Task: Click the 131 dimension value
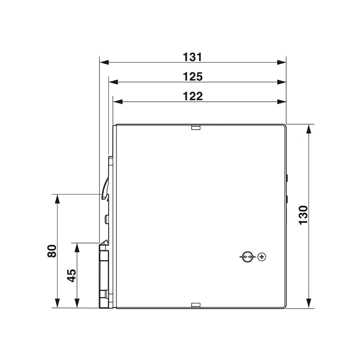click(x=193, y=57)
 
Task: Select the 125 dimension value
click(x=193, y=76)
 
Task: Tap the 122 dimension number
click(x=193, y=96)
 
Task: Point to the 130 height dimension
click(x=303, y=215)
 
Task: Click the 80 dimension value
click(x=52, y=251)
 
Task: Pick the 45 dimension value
click(x=72, y=275)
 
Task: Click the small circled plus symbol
click(x=262, y=256)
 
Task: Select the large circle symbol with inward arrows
click(x=247, y=256)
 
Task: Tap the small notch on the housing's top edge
click(x=196, y=127)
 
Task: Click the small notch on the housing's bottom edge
click(x=196, y=305)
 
